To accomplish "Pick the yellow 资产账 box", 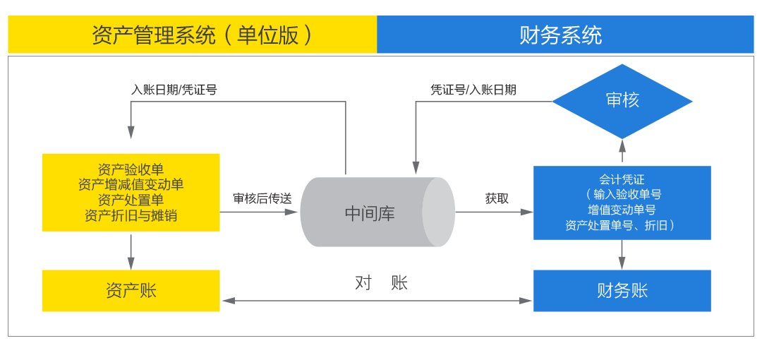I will click(131, 290).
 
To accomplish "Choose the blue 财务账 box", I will click(622, 290).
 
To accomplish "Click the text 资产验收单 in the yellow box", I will click(131, 169).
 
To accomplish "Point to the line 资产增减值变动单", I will click(131, 184).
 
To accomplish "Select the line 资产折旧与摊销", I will click(131, 215).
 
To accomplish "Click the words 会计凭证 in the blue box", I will click(622, 179).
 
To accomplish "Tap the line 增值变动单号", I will click(622, 210).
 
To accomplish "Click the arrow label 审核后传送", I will click(262, 199).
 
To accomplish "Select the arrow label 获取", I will click(496, 199).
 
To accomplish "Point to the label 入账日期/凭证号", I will click(174, 90).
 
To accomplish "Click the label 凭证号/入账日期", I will click(473, 90).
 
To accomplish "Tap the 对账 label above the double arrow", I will click(381, 283).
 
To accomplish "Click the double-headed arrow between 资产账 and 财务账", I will click(377, 301).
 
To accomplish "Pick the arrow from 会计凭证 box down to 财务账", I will click(622, 255).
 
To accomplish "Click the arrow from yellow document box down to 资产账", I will click(131, 251).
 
